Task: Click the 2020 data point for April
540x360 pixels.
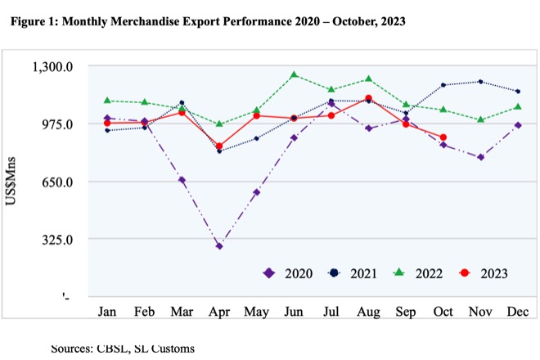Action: pyautogui.click(x=219, y=245)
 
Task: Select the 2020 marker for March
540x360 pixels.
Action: pyautogui.click(x=182, y=180)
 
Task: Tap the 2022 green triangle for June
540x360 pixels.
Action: pyautogui.click(x=294, y=74)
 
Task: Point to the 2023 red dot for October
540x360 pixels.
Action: pyautogui.click(x=443, y=137)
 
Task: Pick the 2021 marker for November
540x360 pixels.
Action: pyautogui.click(x=480, y=82)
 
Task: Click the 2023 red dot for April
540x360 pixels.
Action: pyautogui.click(x=219, y=146)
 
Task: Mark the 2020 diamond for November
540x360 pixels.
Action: pyautogui.click(x=480, y=157)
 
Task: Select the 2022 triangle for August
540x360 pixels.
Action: pyautogui.click(x=369, y=79)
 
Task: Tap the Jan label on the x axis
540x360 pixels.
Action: pyautogui.click(x=106, y=312)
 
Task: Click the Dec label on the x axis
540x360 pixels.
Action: pyautogui.click(x=517, y=312)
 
